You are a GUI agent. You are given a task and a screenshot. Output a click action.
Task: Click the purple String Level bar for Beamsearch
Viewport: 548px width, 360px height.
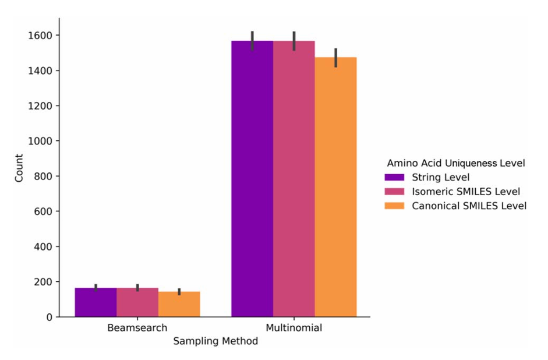[96, 302]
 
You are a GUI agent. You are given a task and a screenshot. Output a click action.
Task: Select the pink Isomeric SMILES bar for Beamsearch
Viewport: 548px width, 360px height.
[137, 302]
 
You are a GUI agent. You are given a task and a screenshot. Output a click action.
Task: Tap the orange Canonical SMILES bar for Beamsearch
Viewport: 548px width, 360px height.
[179, 304]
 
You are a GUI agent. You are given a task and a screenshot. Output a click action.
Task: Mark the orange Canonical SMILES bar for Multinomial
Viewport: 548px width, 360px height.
[335, 187]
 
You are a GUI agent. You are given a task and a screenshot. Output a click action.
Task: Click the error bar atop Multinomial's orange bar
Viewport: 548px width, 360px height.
[336, 58]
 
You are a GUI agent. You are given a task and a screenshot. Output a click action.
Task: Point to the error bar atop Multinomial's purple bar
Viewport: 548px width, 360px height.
[252, 41]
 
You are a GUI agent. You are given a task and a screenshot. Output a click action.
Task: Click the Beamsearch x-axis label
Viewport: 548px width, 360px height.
[137, 328]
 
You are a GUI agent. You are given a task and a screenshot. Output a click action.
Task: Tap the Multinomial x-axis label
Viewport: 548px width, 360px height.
[294, 328]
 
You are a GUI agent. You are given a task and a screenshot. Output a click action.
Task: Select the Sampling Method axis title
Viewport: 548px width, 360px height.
[215, 341]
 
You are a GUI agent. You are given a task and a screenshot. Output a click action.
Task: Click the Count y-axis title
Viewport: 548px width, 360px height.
[19, 168]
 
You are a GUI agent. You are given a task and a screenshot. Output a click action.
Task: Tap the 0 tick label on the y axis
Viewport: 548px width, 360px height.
[50, 317]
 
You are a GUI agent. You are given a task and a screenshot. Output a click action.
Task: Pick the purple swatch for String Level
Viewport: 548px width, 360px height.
[394, 178]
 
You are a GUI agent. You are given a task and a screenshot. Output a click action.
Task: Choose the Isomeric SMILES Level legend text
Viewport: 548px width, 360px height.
[466, 192]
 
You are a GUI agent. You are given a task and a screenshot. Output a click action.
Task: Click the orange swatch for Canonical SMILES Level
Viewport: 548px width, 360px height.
[394, 206]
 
